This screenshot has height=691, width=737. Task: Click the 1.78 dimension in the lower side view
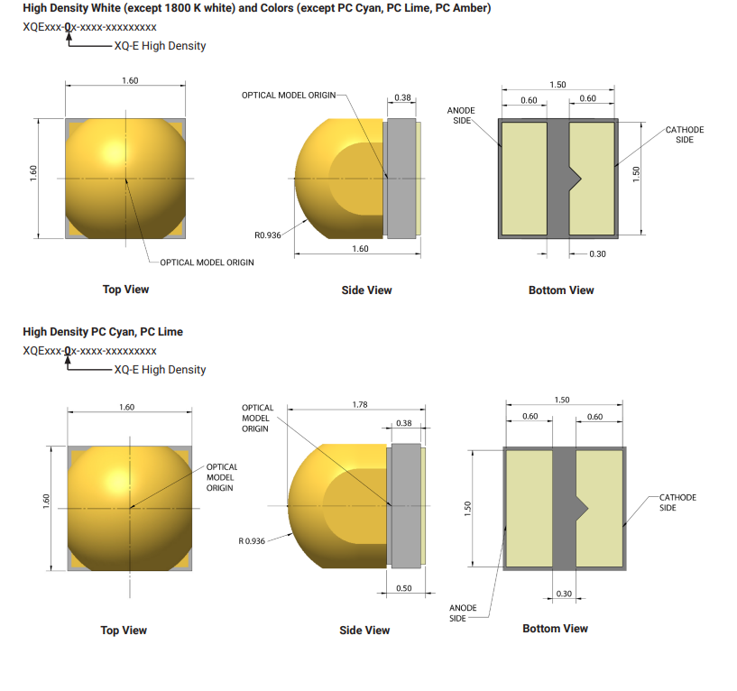360,405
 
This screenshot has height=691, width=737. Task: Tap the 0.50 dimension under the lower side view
404,588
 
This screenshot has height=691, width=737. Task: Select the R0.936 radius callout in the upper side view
267,235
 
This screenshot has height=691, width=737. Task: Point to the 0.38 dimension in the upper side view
402,97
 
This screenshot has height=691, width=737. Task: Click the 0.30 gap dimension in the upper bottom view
597,253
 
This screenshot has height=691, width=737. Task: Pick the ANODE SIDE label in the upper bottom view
461,115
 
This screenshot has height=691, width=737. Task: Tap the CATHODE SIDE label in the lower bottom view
677,502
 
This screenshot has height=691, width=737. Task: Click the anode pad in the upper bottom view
524,179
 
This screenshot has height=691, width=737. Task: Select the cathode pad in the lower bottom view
599,509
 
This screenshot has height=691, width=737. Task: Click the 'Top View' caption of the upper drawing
125,289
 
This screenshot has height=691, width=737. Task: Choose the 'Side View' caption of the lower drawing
364,631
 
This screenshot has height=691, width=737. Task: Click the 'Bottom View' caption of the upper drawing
561,290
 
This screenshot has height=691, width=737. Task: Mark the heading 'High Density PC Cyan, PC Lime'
103,332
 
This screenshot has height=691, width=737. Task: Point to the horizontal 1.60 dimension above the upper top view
130,80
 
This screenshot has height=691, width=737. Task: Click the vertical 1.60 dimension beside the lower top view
46,501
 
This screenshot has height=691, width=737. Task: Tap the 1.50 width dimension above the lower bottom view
562,400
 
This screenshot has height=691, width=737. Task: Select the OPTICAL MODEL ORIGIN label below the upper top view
207,263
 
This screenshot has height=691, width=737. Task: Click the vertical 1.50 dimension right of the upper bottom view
636,174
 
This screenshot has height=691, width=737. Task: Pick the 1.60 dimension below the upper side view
360,249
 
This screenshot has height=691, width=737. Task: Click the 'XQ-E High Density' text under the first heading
160,46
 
